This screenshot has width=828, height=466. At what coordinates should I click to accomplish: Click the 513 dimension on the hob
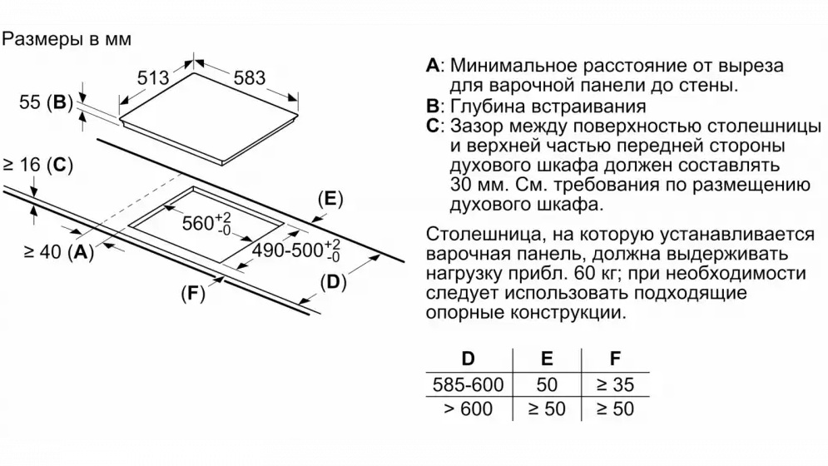(x=153, y=78)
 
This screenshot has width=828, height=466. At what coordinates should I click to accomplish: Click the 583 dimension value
(x=250, y=78)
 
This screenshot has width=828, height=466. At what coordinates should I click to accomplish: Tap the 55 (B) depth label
(x=46, y=102)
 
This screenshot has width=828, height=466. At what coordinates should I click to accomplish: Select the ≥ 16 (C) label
(x=37, y=165)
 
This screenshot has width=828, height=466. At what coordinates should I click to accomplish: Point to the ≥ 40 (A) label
(x=58, y=252)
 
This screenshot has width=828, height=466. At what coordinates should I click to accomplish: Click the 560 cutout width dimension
(x=206, y=223)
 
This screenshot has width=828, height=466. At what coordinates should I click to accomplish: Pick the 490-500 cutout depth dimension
(x=295, y=250)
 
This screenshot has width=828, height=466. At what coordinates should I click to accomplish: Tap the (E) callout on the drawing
(x=330, y=199)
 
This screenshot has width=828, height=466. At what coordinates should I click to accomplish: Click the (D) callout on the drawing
(x=333, y=282)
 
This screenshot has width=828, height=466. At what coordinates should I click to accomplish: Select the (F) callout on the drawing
(x=193, y=293)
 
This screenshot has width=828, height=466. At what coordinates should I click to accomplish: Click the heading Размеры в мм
(x=67, y=39)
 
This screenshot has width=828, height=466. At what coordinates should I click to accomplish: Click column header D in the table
(x=469, y=359)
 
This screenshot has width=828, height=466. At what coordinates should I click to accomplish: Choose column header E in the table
(x=547, y=359)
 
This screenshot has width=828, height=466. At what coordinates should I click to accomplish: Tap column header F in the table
(x=615, y=359)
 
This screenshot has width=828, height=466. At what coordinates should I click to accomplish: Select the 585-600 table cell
(x=469, y=384)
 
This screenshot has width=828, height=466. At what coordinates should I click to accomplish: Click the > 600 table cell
(x=469, y=409)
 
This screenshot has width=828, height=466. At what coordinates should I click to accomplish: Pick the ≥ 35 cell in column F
(x=615, y=384)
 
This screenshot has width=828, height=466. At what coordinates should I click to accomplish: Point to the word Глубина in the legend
(x=486, y=107)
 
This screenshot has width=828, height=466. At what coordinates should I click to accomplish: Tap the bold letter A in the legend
(x=433, y=66)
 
